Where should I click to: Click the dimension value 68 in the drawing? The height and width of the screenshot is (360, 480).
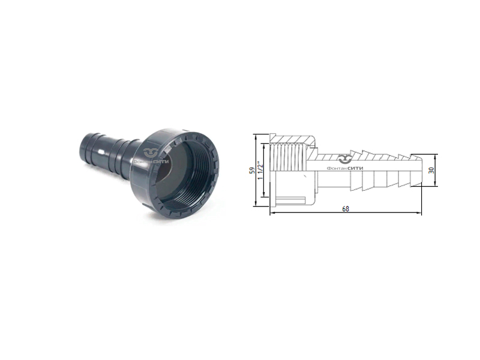point(345,209)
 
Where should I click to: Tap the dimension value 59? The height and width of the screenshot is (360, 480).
point(253,170)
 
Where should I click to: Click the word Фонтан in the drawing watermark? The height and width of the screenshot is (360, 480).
point(337,168)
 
